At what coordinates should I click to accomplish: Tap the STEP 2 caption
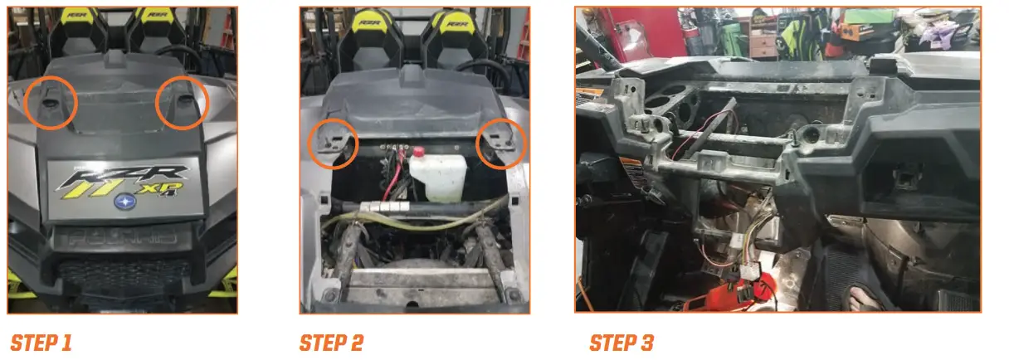tap(331, 342)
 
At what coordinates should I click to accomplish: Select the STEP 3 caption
tap(621, 342)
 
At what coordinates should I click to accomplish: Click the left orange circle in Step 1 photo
tap(51, 102)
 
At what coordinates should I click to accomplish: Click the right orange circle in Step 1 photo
tap(182, 102)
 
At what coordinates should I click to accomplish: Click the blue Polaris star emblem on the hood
tap(124, 200)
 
